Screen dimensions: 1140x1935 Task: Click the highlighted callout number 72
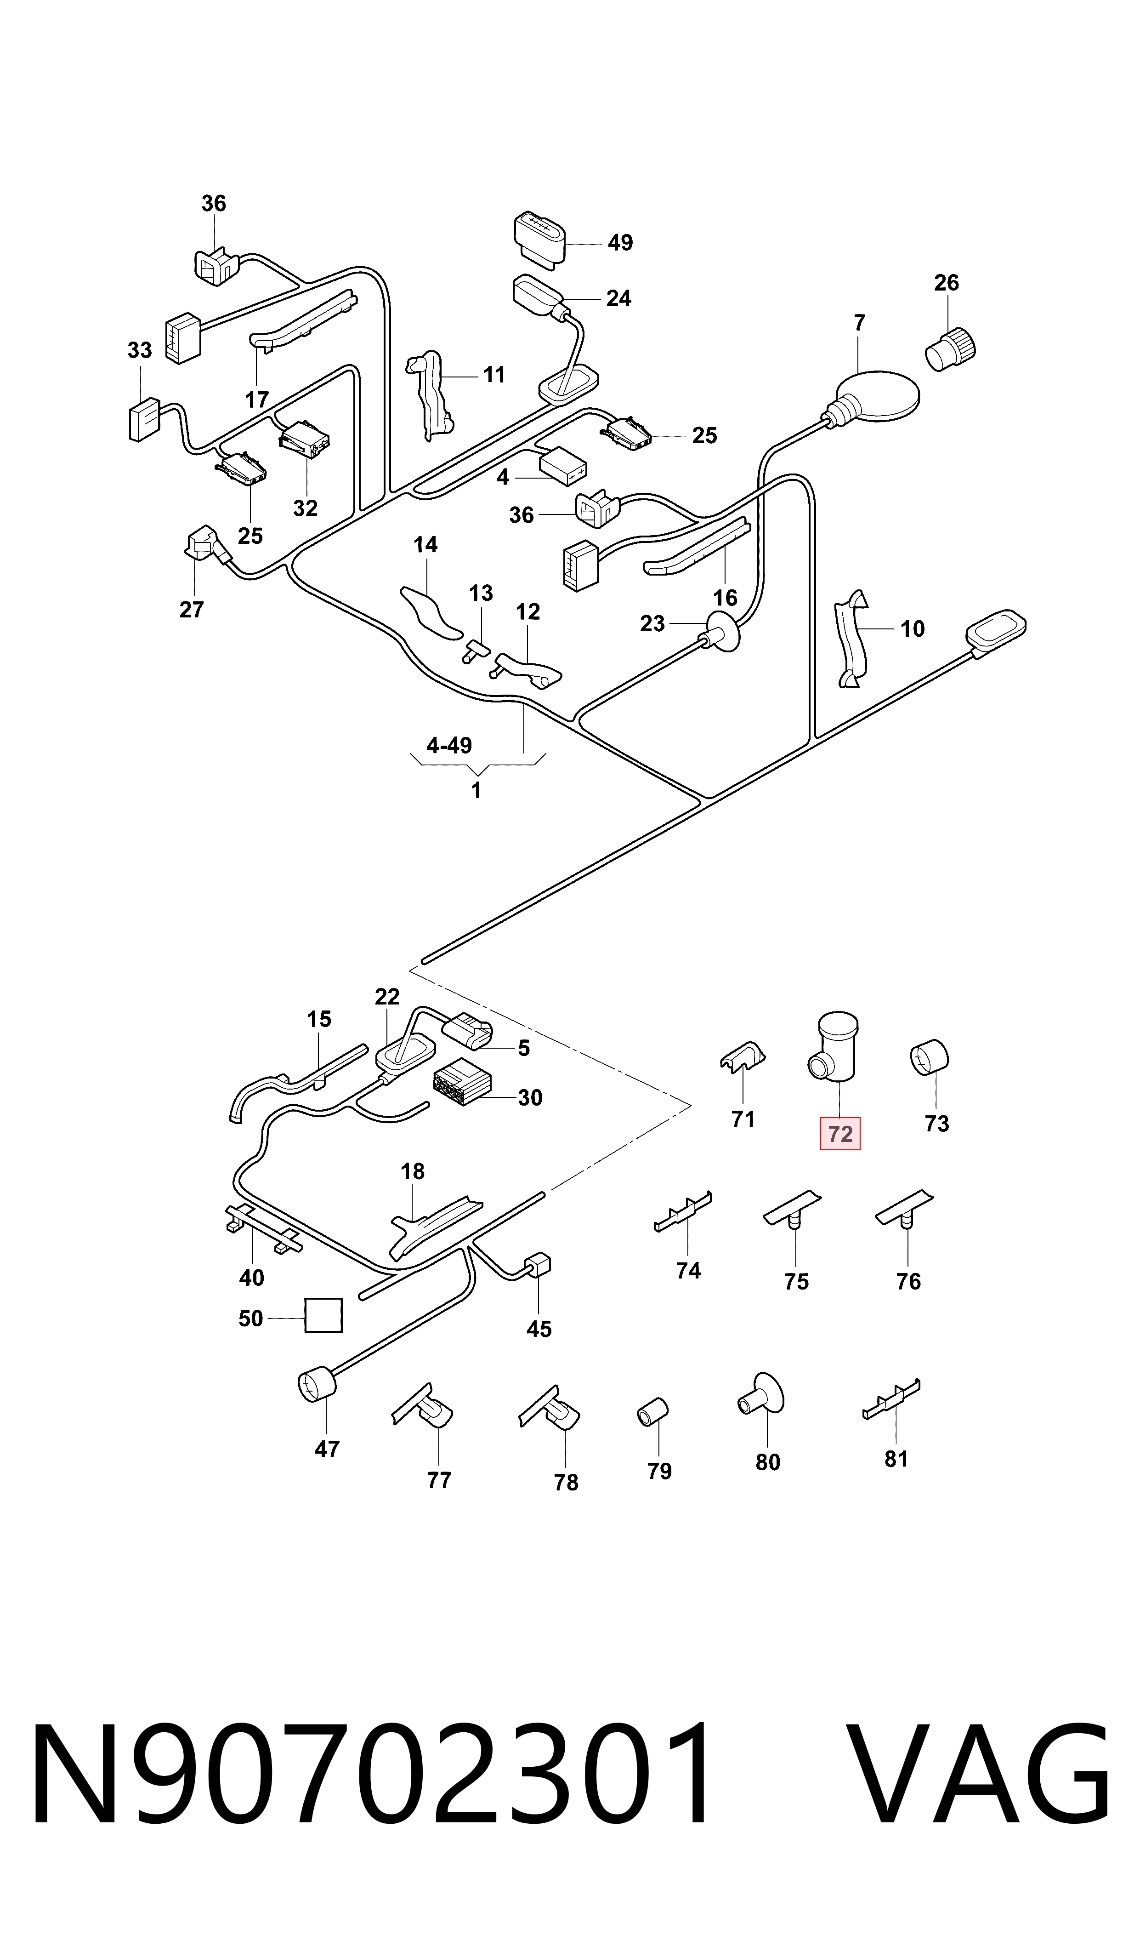[840, 1134]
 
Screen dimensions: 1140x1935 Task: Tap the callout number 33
[140, 350]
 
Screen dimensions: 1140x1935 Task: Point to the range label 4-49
[449, 745]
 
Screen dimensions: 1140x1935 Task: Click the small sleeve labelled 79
[653, 1412]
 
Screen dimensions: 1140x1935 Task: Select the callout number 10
[913, 628]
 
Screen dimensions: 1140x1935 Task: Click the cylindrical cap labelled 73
[930, 1056]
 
